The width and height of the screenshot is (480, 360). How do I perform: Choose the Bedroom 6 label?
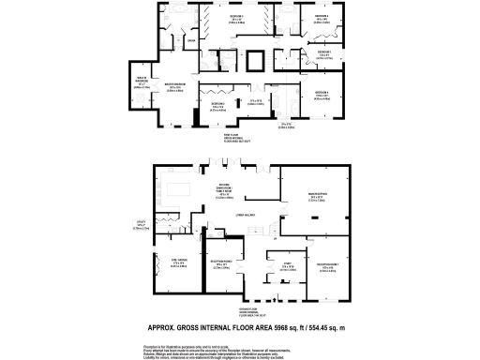tap(322, 93)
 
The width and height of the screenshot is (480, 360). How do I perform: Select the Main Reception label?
tap(318, 195)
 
